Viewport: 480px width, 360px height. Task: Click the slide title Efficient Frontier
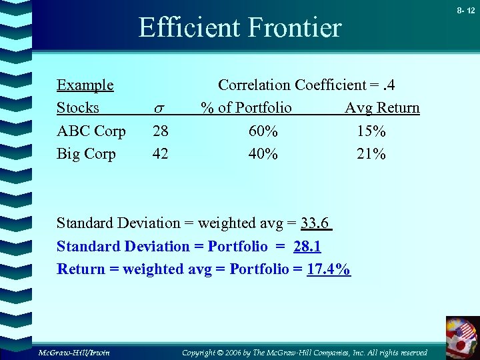(x=239, y=28)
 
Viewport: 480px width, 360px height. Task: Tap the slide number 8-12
(x=466, y=11)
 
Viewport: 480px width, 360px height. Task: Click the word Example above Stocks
(x=85, y=85)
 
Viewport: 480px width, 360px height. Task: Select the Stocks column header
(x=77, y=108)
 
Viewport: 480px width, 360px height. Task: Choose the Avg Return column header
(x=382, y=108)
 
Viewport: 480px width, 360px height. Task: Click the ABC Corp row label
(x=91, y=131)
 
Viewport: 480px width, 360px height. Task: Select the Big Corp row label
(x=86, y=154)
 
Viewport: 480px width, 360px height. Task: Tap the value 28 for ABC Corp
(x=160, y=131)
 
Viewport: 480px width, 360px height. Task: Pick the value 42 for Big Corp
(x=160, y=154)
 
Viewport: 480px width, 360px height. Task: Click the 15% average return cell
(x=371, y=131)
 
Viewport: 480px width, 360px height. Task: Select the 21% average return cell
(x=371, y=154)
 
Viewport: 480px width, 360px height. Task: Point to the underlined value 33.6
(x=316, y=223)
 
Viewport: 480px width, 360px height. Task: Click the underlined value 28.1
(x=307, y=247)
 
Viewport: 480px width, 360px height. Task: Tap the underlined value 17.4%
(x=329, y=269)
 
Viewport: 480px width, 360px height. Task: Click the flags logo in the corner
(x=462, y=336)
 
